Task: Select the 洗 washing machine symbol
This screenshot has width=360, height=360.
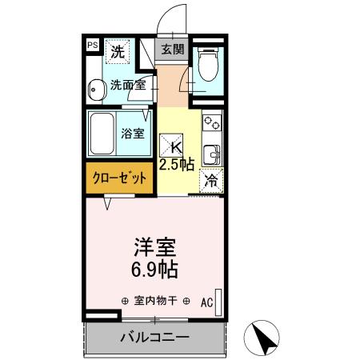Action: (118, 53)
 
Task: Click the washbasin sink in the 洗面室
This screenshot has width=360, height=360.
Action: (96, 90)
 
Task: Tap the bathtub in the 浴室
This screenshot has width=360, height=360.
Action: (104, 132)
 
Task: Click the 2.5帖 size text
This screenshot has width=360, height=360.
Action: (177, 165)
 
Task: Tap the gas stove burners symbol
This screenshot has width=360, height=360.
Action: (212, 124)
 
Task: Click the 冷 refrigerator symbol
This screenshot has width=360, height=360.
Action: (210, 181)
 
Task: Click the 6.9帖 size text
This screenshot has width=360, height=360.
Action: (155, 269)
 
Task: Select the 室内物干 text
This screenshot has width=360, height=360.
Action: (155, 302)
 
